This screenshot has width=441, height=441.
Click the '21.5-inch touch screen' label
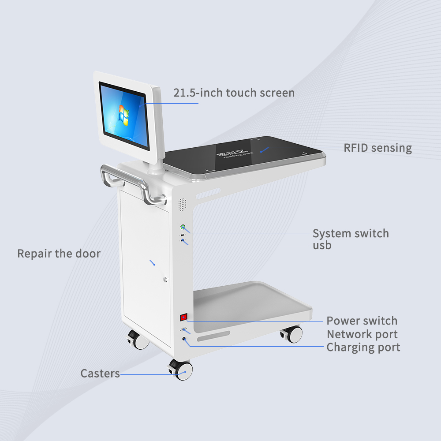tap(234, 93)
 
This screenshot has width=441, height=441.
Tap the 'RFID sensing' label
tap(377, 148)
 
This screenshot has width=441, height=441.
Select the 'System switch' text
tap(351, 233)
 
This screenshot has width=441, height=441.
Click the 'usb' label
tap(322, 245)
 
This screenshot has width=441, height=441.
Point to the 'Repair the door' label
tap(59, 254)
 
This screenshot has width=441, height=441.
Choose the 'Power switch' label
tap(362, 321)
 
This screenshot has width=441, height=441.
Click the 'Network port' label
tap(362, 334)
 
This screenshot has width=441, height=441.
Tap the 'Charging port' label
tap(363, 348)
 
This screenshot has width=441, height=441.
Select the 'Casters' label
tap(100, 374)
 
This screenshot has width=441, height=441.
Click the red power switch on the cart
tap(183, 317)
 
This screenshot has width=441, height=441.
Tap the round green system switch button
tap(183, 228)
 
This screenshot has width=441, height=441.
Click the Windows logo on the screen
tap(124, 114)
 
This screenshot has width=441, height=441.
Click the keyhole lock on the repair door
tap(165, 279)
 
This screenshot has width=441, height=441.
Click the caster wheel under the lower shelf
tap(293, 334)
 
